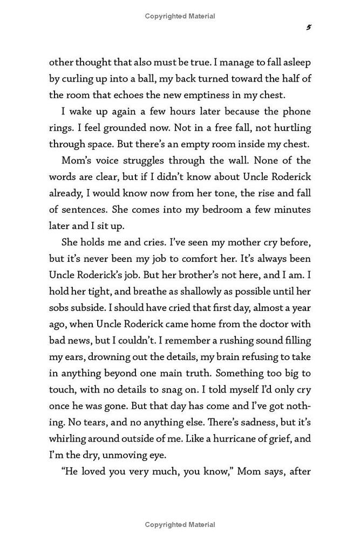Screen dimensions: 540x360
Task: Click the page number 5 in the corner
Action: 308,27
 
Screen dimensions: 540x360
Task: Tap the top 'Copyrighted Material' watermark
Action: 180,16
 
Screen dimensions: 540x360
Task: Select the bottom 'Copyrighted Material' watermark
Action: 180,524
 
